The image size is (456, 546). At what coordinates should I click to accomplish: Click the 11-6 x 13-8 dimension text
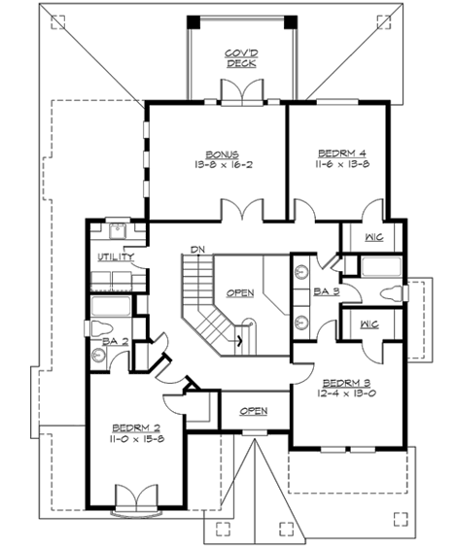click(340, 165)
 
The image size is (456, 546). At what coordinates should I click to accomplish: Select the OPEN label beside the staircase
click(241, 291)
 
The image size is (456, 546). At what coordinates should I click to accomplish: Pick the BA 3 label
click(325, 290)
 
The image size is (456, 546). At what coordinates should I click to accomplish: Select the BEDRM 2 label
click(131, 427)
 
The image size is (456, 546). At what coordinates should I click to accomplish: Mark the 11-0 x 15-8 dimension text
click(131, 439)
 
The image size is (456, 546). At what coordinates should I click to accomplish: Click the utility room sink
click(117, 233)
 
